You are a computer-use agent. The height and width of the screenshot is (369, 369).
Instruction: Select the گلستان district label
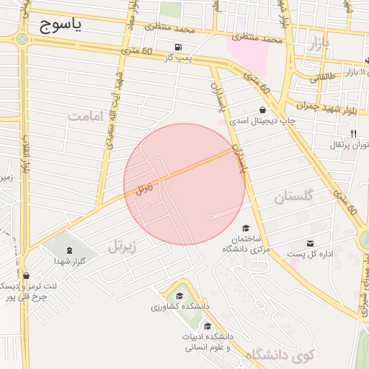tap(295, 196)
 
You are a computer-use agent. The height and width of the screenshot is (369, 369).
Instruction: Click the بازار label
tap(316, 45)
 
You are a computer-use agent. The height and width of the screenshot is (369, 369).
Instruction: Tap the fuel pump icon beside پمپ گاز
tap(178, 48)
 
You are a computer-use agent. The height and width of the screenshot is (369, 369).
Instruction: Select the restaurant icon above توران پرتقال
tap(353, 133)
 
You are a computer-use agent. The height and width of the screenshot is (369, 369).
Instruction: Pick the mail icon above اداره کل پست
tap(311, 244)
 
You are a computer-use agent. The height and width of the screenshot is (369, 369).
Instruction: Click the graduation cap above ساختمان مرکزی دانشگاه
tap(245, 228)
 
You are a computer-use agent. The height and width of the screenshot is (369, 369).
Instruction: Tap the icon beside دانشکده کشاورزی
tap(179, 295)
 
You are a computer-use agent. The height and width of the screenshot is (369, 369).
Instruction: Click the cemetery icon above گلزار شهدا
tap(69, 250)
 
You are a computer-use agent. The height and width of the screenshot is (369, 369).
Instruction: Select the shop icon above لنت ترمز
tap(27, 275)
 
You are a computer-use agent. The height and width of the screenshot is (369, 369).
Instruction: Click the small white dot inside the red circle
tap(210, 216)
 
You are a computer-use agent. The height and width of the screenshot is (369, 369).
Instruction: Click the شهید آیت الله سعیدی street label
tap(115, 105)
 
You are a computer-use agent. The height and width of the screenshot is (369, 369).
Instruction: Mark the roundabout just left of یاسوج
tap(22, 37)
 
